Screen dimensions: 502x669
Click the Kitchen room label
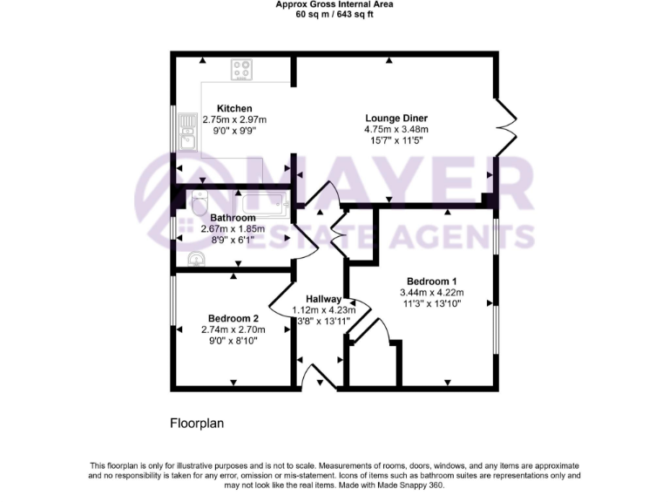234,109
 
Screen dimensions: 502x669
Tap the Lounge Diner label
396,118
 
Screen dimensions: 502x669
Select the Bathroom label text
233,218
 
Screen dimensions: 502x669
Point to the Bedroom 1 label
430,281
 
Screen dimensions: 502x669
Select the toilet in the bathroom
197,202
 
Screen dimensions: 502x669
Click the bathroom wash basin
196,258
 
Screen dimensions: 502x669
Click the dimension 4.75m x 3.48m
396,129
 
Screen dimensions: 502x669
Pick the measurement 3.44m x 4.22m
431,292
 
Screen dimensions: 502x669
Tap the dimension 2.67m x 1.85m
233,229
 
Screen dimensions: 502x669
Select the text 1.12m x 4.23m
321,310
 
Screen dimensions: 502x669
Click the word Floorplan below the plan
196,423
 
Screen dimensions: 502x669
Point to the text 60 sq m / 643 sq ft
334,15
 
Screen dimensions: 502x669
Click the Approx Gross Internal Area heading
334,4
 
